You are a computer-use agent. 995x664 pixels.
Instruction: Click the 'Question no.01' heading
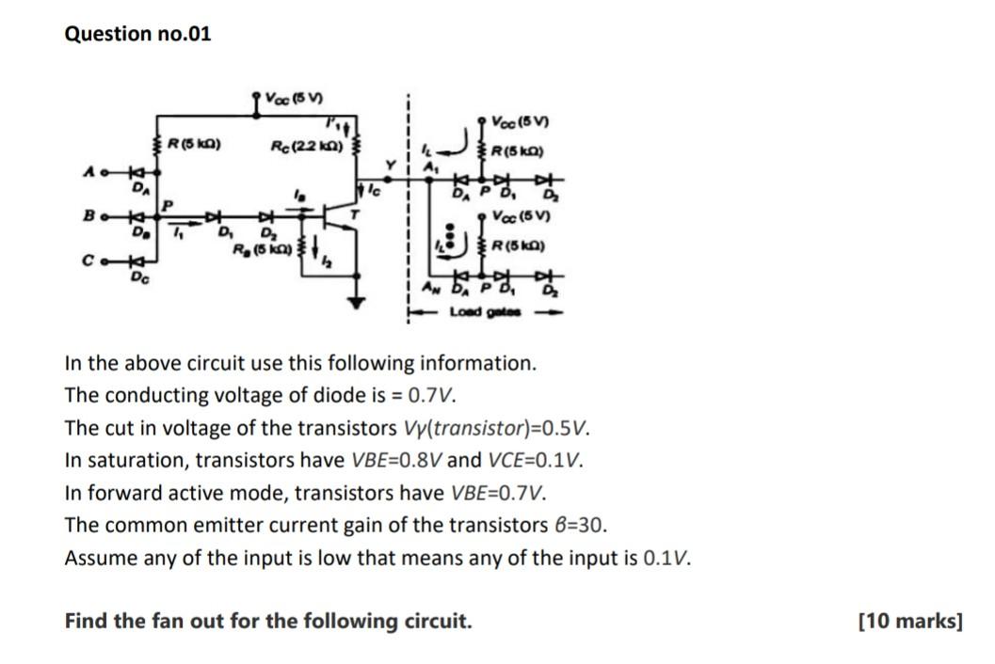point(137,34)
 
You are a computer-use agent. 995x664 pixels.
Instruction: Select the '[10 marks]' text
point(910,622)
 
